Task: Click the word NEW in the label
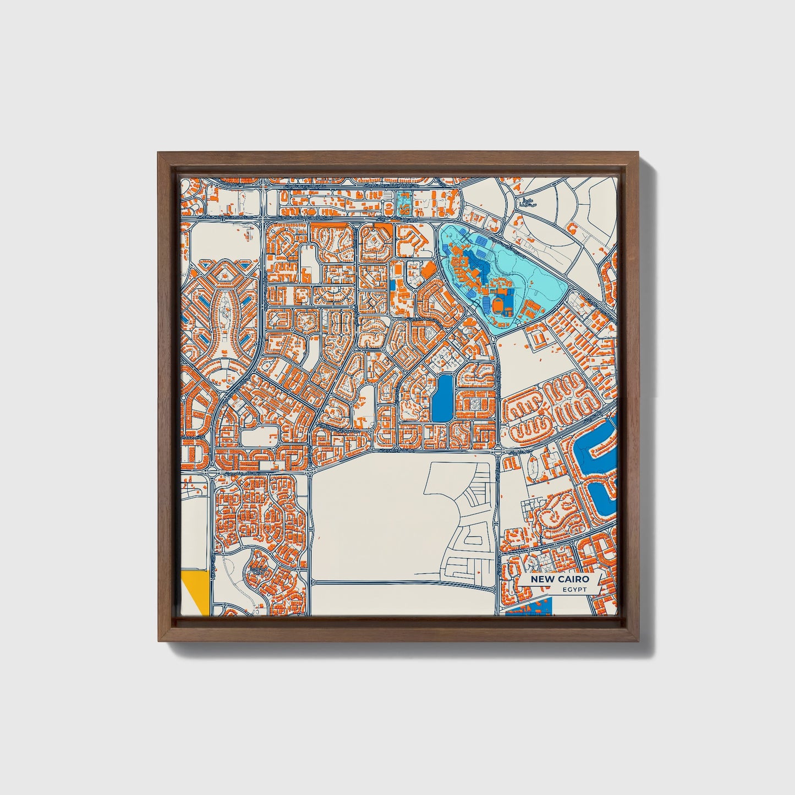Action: point(541,580)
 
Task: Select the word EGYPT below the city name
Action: point(575,590)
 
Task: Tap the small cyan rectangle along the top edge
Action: point(403,203)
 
